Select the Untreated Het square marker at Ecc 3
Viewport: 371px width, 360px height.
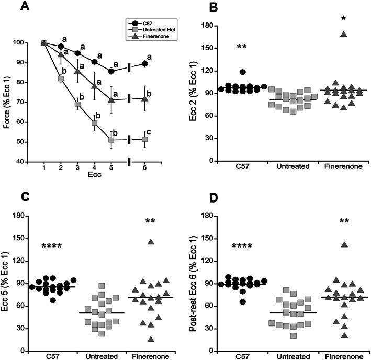pos(77,104)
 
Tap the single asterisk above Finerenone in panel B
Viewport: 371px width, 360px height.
pos(328,19)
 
